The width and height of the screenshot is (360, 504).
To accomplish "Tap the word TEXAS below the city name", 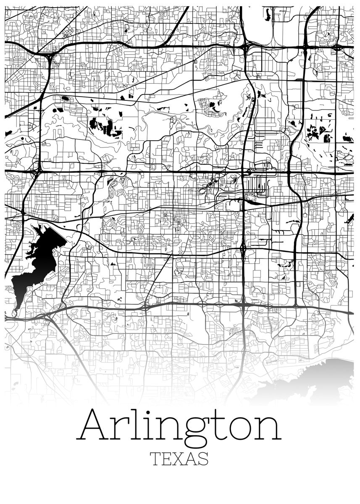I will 180,458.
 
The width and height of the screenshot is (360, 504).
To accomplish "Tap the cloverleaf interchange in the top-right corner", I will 339,47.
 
